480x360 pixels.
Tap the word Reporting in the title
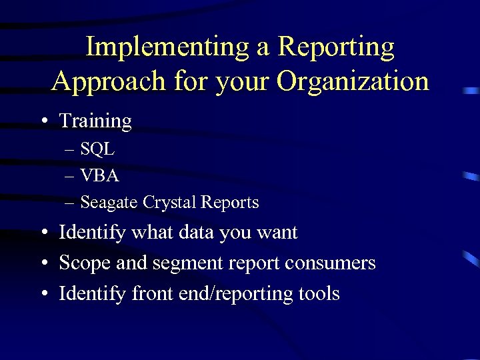click(336, 47)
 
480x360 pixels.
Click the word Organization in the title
click(353, 81)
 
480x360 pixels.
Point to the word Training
click(95, 121)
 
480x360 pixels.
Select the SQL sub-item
click(97, 149)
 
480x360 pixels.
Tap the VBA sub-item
click(99, 175)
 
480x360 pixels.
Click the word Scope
click(85, 263)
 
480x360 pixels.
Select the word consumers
click(330, 263)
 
